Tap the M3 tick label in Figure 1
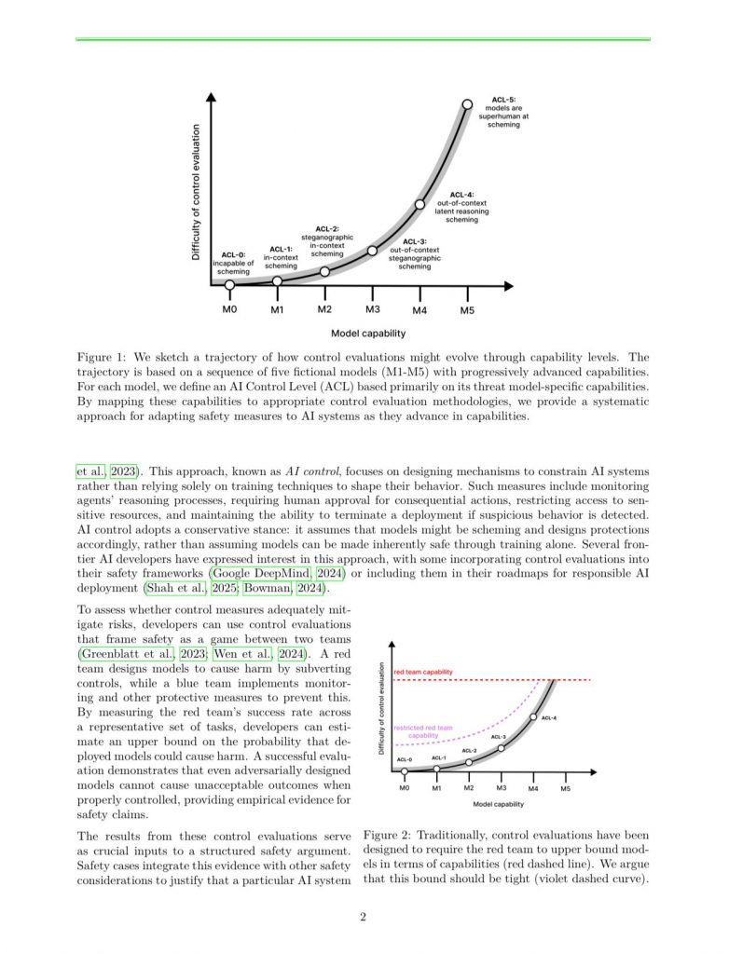click(x=372, y=309)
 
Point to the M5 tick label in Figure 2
click(x=565, y=788)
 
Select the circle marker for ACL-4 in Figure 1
click(x=420, y=203)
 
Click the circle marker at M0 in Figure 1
click(x=229, y=284)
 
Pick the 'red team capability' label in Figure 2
click(x=423, y=671)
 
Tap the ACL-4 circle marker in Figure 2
click(x=533, y=716)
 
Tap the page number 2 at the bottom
click(x=364, y=918)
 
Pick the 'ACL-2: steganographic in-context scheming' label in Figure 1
click(x=327, y=240)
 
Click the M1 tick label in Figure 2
click(x=436, y=788)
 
